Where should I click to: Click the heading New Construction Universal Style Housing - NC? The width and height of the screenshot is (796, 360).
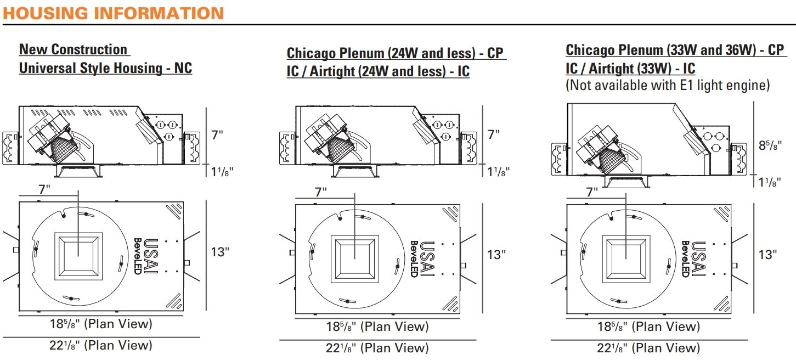tap(105, 59)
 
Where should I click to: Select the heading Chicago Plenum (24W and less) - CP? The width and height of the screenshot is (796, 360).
tap(394, 53)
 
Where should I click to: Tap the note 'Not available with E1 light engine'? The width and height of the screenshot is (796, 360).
tap(668, 85)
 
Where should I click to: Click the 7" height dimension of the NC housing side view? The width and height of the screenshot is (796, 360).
tap(218, 135)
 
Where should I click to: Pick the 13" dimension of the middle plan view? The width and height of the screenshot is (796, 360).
tap(494, 255)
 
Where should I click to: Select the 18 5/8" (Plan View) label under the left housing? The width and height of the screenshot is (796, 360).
tap(100, 324)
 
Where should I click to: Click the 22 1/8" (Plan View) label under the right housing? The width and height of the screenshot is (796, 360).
tap(648, 347)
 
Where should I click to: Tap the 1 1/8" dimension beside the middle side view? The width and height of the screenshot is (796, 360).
tap(498, 171)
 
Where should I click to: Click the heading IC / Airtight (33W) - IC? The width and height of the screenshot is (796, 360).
tap(630, 69)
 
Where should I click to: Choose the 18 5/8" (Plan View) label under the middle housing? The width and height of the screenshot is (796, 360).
tap(376, 327)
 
